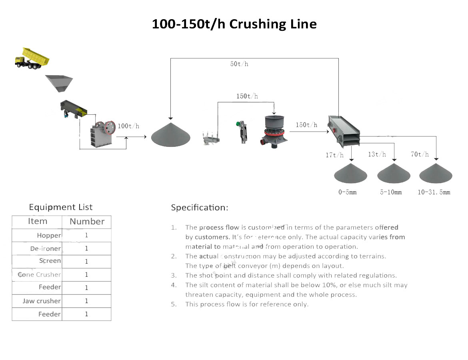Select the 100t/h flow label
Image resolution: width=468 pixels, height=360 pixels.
pos(128,126)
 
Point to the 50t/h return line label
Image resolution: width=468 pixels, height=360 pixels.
pos(239,64)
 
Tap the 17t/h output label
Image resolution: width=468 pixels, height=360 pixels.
pos(334,155)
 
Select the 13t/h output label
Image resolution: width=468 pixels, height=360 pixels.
pos(377,154)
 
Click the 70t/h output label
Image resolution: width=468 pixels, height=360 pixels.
pos(420,154)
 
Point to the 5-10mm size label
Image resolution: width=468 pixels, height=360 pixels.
pos(391,192)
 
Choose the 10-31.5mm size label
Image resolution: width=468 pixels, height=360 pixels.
pos(434,192)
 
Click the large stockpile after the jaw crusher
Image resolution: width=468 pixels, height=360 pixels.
pos(171,135)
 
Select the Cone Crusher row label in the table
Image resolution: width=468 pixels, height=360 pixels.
pos(40,275)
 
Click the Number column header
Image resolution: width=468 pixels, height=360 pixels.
pos(87,222)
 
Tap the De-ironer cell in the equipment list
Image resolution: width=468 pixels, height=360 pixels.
pos(46,249)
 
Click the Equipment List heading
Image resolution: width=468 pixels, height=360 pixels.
pos(61,207)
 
